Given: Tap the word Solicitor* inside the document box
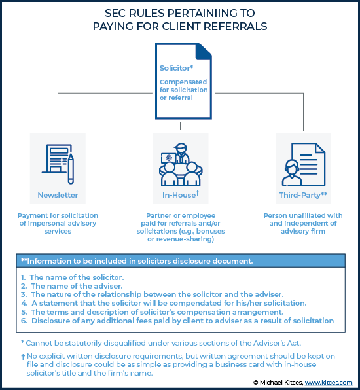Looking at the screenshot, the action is [176, 68].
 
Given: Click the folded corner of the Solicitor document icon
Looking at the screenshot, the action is [204, 52].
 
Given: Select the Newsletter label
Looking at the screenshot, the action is [58, 195].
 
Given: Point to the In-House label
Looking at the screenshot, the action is [181, 194].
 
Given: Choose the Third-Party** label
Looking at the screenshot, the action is [303, 195].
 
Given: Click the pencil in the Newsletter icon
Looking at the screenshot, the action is [71, 169].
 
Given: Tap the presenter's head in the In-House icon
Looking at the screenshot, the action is [181, 148].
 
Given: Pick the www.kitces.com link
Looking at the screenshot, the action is [329, 383].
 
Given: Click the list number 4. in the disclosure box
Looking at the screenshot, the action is [24, 303].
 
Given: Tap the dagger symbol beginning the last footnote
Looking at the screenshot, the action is [23, 357].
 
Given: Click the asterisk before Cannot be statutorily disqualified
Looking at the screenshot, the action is [22, 342].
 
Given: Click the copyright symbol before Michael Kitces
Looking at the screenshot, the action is [255, 383].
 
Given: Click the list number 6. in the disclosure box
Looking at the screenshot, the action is [24, 321].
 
